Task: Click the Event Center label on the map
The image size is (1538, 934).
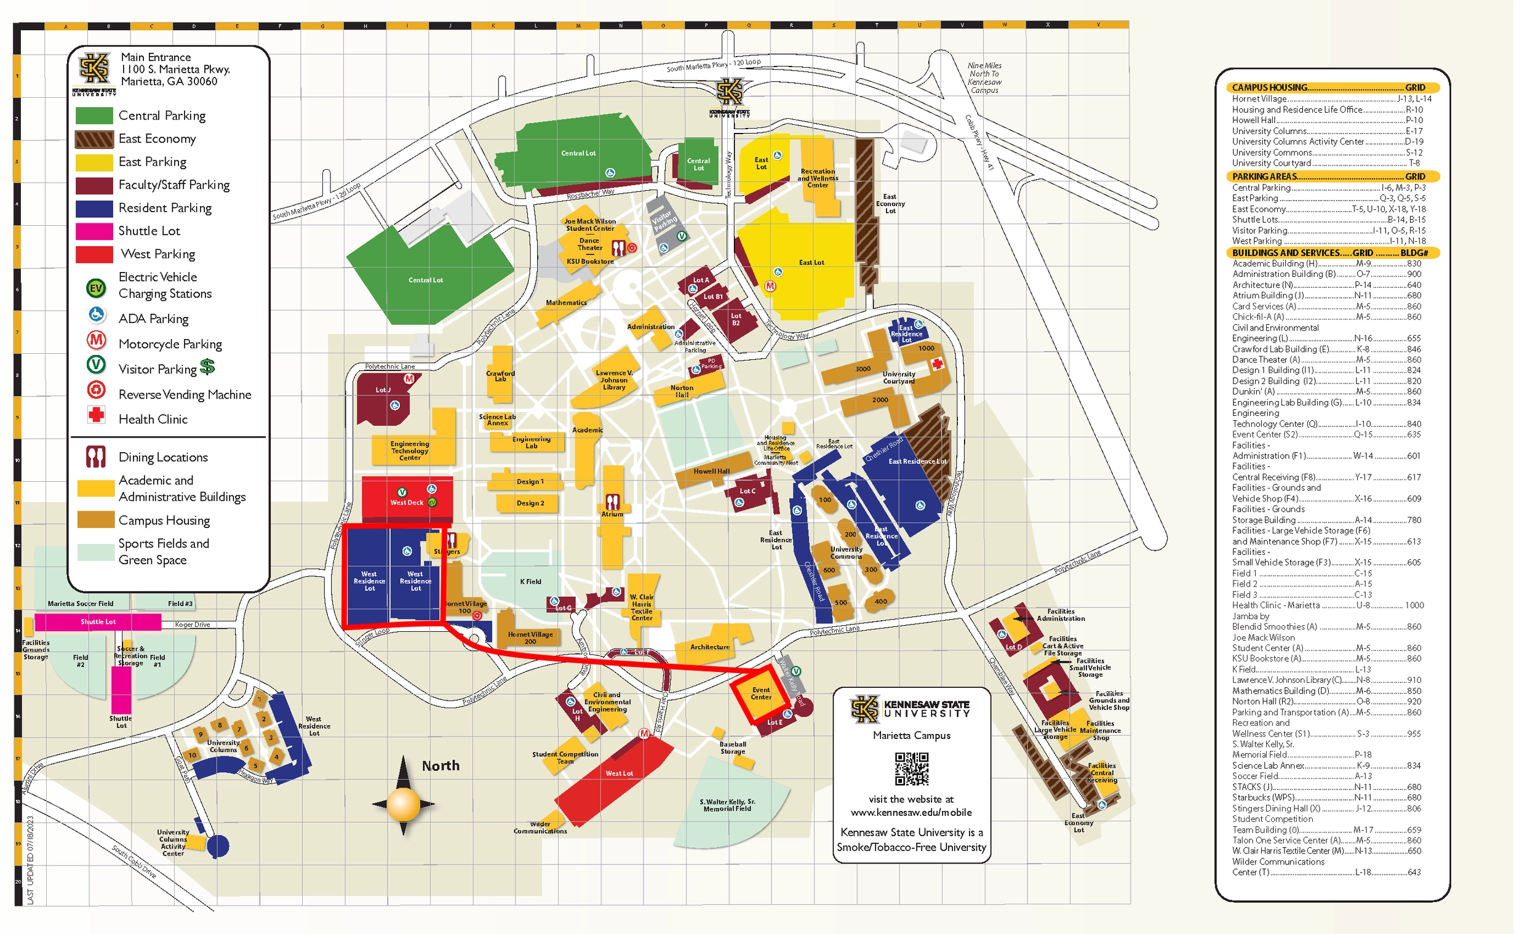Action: point(760,693)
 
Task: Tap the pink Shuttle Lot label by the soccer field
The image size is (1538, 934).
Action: point(98,622)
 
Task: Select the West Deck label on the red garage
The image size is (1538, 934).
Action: point(407,503)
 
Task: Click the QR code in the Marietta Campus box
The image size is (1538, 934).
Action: point(911,768)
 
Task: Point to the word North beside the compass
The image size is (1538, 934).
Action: point(440,765)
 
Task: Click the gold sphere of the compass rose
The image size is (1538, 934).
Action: point(403,804)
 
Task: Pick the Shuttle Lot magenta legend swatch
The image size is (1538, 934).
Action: point(94,231)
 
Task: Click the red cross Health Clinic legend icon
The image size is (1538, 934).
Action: point(96,415)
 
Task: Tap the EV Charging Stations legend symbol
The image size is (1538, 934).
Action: point(95,288)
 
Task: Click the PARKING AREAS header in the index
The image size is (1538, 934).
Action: point(1264,177)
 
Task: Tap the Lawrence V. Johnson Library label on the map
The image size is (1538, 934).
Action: point(613,380)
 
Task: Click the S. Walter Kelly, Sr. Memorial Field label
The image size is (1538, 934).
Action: point(727,805)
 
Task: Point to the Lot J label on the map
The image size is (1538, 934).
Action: point(383,389)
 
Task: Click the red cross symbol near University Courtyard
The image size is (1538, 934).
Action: point(937,364)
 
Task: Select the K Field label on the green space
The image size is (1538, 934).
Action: point(530,581)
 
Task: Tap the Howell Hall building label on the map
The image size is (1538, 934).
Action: point(711,471)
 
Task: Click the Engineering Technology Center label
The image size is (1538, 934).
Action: point(410,451)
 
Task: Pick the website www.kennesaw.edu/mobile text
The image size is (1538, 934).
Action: point(910,812)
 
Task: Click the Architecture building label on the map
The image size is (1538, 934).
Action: point(710,647)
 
